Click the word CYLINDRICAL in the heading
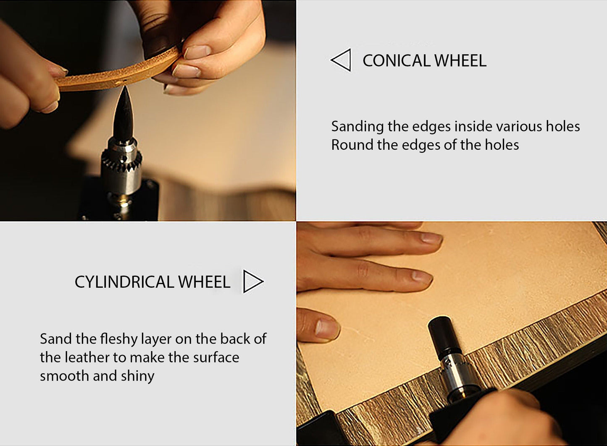tap(124, 282)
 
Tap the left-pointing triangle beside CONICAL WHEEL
tap(341, 60)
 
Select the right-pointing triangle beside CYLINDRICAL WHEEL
tap(253, 282)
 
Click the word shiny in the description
tap(137, 377)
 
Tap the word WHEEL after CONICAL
tap(461, 60)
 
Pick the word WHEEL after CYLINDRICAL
tap(204, 282)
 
